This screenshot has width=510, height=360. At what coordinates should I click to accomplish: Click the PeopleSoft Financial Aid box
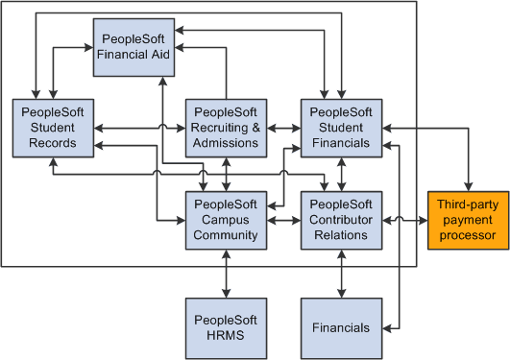(x=134, y=46)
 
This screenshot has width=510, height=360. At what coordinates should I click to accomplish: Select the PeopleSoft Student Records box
(x=55, y=128)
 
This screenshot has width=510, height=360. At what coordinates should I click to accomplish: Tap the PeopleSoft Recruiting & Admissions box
(x=226, y=128)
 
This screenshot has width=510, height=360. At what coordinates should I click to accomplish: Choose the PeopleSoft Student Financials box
(x=341, y=128)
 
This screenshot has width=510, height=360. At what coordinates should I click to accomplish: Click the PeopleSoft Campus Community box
(x=226, y=220)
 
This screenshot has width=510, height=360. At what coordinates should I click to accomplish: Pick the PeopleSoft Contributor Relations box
(x=341, y=220)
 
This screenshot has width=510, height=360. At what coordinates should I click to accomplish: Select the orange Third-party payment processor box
(x=467, y=220)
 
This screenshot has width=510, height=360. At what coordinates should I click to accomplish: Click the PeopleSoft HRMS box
(x=226, y=327)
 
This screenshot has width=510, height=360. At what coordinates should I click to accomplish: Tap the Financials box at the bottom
(x=341, y=327)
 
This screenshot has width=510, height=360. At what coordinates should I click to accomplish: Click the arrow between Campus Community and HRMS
(x=226, y=274)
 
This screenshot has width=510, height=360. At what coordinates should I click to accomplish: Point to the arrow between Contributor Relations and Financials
(x=341, y=274)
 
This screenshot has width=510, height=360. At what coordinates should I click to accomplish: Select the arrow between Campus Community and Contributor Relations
(x=283, y=221)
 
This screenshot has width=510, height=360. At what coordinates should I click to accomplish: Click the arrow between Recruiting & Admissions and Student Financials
(x=283, y=128)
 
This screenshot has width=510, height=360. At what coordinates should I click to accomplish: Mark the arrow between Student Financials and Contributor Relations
(x=341, y=174)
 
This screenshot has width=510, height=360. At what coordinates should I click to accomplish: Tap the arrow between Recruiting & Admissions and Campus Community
(x=226, y=174)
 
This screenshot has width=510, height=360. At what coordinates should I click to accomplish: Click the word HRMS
(x=226, y=335)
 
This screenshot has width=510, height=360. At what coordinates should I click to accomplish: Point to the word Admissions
(x=226, y=143)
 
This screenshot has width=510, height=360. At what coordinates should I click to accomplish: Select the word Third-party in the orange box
(x=467, y=204)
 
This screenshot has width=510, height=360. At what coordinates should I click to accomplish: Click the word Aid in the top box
(x=158, y=54)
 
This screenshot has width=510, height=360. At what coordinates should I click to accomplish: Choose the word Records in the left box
(x=55, y=143)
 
